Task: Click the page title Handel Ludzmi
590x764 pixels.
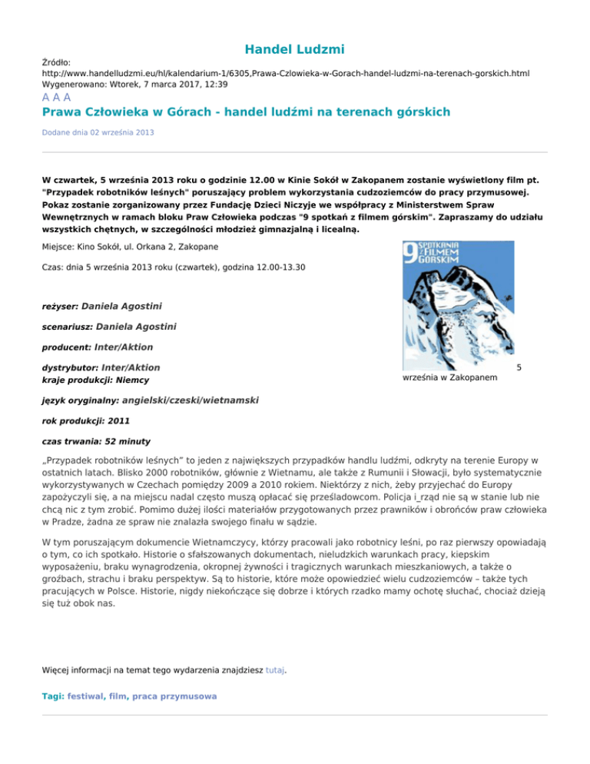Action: (x=294, y=50)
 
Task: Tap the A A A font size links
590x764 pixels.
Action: (x=56, y=98)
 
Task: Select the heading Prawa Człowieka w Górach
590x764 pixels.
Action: (x=245, y=112)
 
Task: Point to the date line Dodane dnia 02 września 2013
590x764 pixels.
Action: (x=98, y=132)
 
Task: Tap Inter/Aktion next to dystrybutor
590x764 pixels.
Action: (x=131, y=367)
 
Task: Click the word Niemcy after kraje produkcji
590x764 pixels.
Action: (x=128, y=380)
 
